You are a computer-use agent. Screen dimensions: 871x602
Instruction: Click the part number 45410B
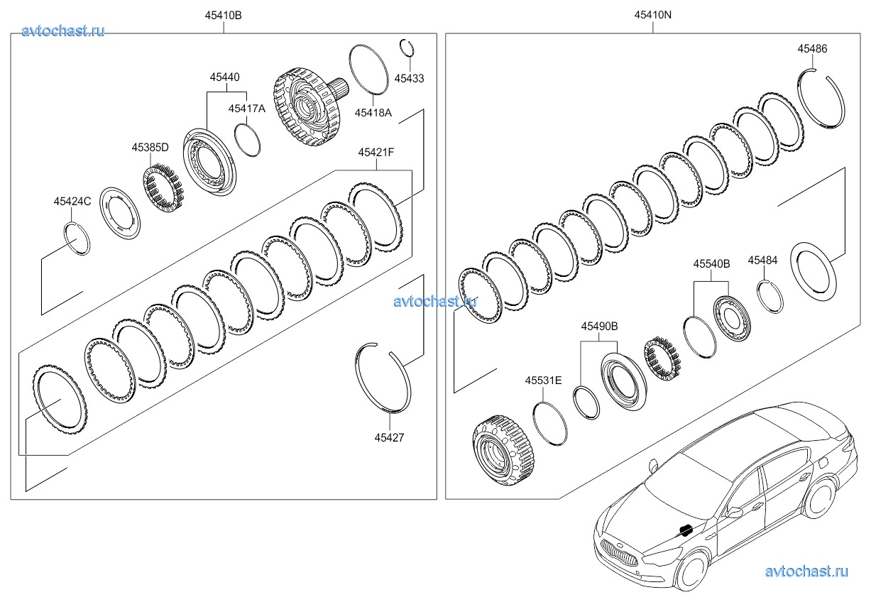pos(223,15)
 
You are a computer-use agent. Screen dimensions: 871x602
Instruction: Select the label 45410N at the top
pos(653,15)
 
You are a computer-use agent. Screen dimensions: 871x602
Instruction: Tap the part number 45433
pos(409,78)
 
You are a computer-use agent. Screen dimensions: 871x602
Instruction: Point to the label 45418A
pos(373,113)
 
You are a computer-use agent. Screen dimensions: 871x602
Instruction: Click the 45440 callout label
pos(225,77)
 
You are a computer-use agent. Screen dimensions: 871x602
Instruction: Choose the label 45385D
pos(150,148)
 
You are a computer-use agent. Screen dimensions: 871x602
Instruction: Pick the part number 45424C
pos(72,202)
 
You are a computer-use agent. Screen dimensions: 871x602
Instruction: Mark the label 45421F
pos(376,152)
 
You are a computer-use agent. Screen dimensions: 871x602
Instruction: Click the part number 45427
pos(389,437)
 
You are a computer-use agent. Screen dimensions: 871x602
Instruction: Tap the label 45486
pos(812,48)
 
